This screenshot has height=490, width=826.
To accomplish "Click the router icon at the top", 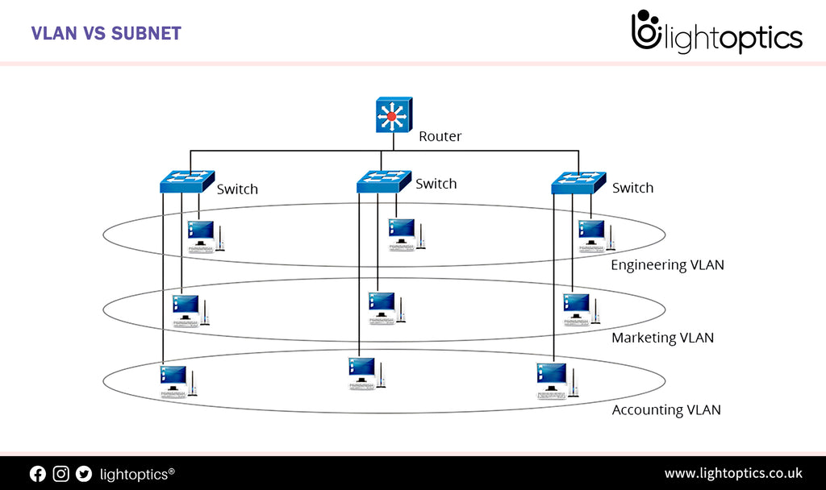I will [393, 115].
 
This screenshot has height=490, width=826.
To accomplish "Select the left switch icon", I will [186, 182].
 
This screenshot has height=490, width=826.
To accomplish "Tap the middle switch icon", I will [384, 182].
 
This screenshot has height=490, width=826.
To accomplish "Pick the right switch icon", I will [578, 183].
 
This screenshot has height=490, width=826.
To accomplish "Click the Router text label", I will [440, 136].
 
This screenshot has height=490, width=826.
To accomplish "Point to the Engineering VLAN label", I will [667, 264].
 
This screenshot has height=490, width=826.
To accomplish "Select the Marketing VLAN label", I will [662, 337].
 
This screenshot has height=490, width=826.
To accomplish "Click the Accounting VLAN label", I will [666, 409].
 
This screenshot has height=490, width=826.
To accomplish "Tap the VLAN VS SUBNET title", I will [106, 33].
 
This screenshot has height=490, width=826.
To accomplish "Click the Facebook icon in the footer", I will [38, 474].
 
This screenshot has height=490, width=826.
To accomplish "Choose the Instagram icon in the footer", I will [60, 474].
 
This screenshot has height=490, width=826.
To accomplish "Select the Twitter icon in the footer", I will [83, 474].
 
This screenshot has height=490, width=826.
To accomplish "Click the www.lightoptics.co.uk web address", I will [732, 473].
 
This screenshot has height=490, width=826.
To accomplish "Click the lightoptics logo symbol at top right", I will [646, 31].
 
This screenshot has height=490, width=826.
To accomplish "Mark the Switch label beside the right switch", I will [632, 188].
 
